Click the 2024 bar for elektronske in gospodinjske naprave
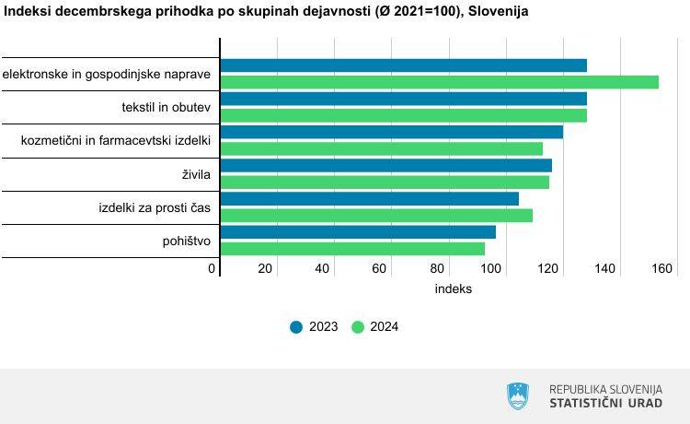click(440, 82)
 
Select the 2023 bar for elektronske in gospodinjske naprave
click(404, 65)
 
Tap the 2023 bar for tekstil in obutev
click(404, 99)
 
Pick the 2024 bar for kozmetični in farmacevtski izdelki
click(382, 148)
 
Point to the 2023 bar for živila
click(386, 165)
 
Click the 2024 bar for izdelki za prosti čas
click(376, 215)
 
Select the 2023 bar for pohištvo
click(358, 231)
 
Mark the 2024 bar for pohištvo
click(352, 248)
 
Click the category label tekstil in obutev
click(166, 108)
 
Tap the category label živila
click(196, 174)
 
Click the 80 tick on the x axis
click(434, 268)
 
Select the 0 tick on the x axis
click(212, 268)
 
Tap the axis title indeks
click(453, 289)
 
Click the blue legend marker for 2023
click(296, 326)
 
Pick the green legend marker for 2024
click(359, 326)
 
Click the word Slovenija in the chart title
click(497, 11)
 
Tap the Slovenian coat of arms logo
click(518, 396)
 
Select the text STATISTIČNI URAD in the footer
click(605, 404)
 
